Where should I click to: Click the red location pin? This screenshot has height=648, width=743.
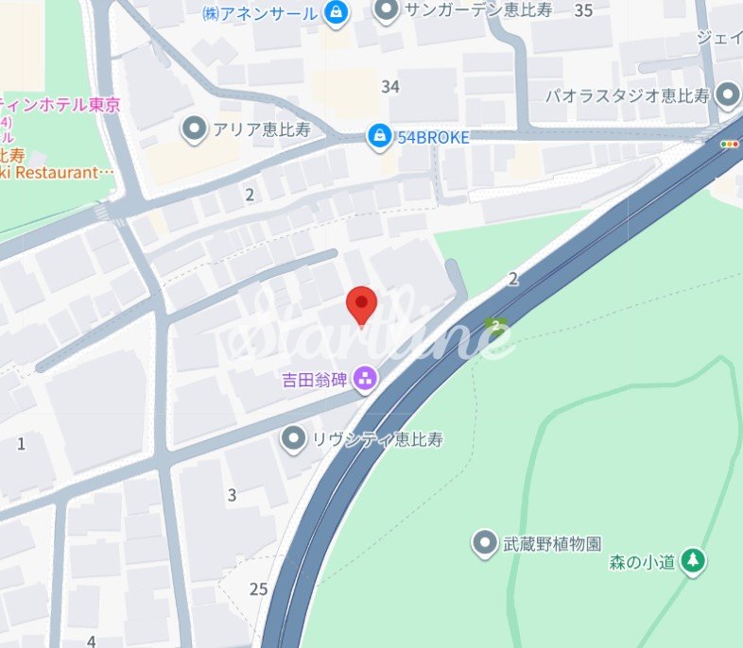362,304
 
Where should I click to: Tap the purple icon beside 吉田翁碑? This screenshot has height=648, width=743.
365,381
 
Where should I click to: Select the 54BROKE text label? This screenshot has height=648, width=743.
433,137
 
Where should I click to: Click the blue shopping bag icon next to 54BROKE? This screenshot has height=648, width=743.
379,136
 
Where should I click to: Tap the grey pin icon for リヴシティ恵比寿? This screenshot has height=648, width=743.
295,438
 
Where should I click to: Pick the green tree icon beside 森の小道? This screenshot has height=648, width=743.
693,561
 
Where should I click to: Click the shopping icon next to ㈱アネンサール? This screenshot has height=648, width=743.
335,12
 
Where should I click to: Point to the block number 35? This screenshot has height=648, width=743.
583,11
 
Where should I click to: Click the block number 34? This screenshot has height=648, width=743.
390,87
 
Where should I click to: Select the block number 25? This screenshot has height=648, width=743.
259,589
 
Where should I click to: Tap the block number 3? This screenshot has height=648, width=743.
232,494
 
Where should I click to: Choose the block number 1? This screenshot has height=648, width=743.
21,443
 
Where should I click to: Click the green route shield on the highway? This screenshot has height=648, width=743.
496,326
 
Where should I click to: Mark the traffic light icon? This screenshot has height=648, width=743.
730,144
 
